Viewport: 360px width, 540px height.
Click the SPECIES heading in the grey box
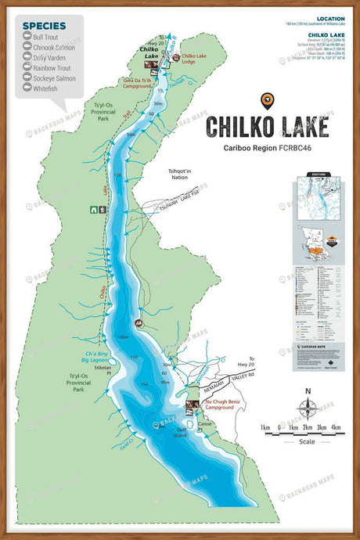click(x=45, y=25)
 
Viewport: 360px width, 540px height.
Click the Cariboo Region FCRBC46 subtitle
click(x=267, y=148)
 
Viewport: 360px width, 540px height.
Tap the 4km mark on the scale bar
click(x=335, y=427)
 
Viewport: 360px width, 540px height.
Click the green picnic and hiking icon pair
click(x=98, y=210)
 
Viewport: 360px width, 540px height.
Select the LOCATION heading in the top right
click(x=329, y=18)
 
